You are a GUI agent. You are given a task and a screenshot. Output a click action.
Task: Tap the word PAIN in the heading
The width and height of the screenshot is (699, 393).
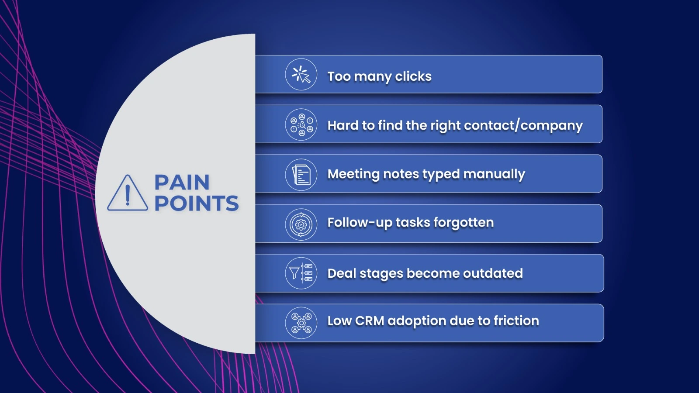coord(182,182)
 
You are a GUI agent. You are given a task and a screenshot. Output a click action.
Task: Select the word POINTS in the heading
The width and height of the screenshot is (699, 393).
coord(197,203)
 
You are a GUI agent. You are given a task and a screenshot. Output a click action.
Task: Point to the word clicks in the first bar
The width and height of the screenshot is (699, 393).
coord(413,76)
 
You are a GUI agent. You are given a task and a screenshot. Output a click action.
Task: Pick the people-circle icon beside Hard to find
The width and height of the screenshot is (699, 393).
coord(301,124)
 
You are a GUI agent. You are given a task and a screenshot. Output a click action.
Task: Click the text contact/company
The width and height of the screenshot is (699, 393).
coord(523,126)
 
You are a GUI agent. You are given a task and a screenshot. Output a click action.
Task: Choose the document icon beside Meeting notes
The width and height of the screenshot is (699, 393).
coord(301,174)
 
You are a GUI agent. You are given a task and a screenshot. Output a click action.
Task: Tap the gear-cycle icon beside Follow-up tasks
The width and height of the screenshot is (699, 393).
coord(301,224)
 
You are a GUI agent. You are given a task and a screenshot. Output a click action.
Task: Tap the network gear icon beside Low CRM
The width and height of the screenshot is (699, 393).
coord(301,323)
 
